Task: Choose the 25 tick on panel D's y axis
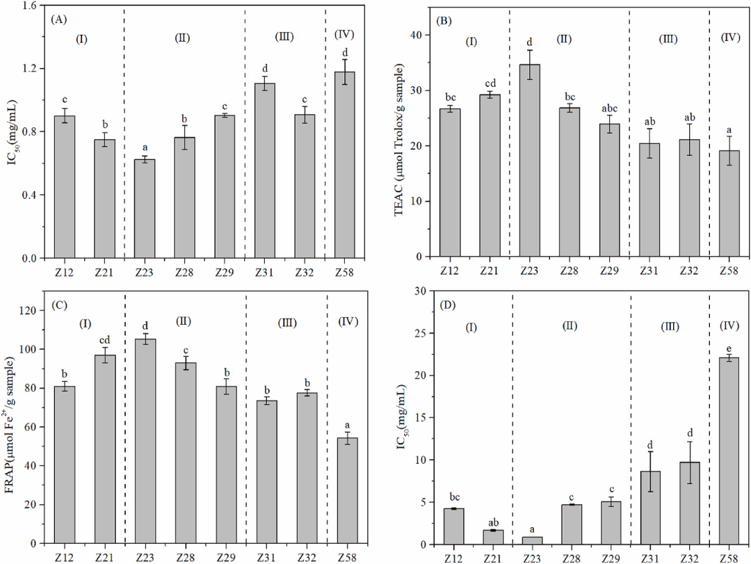[x=422, y=333]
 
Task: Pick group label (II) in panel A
[x=182, y=38]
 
